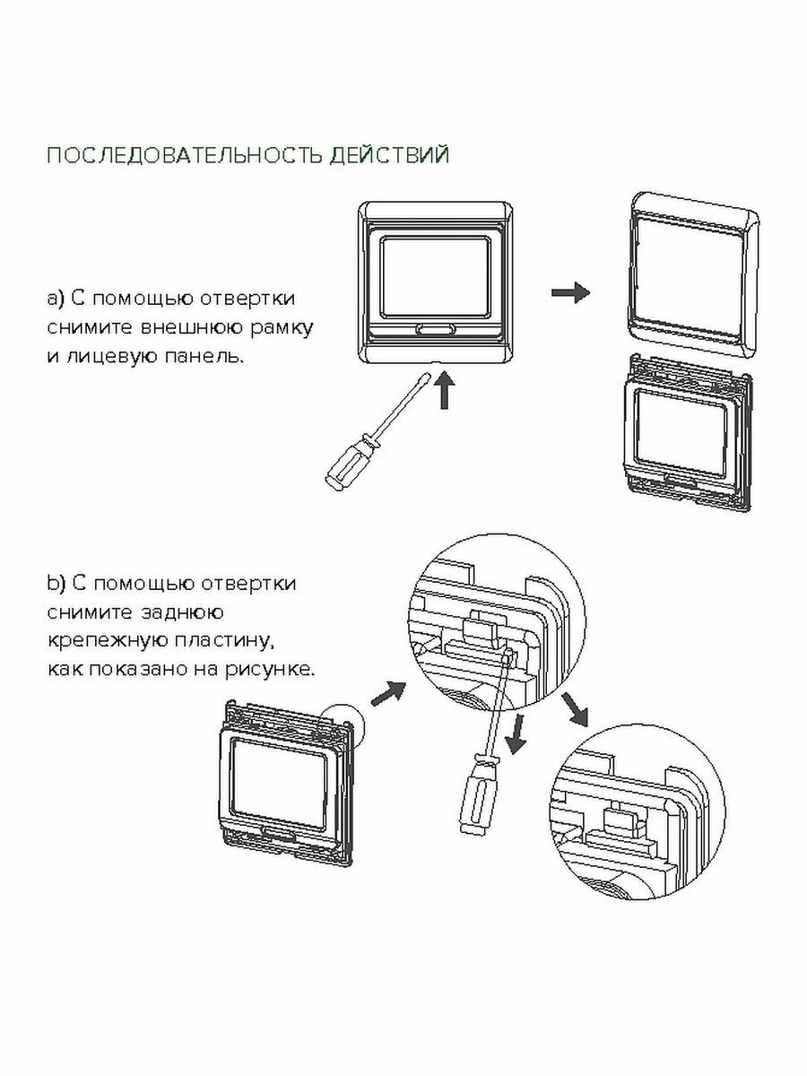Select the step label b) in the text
click(56, 585)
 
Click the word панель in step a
click(200, 356)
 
